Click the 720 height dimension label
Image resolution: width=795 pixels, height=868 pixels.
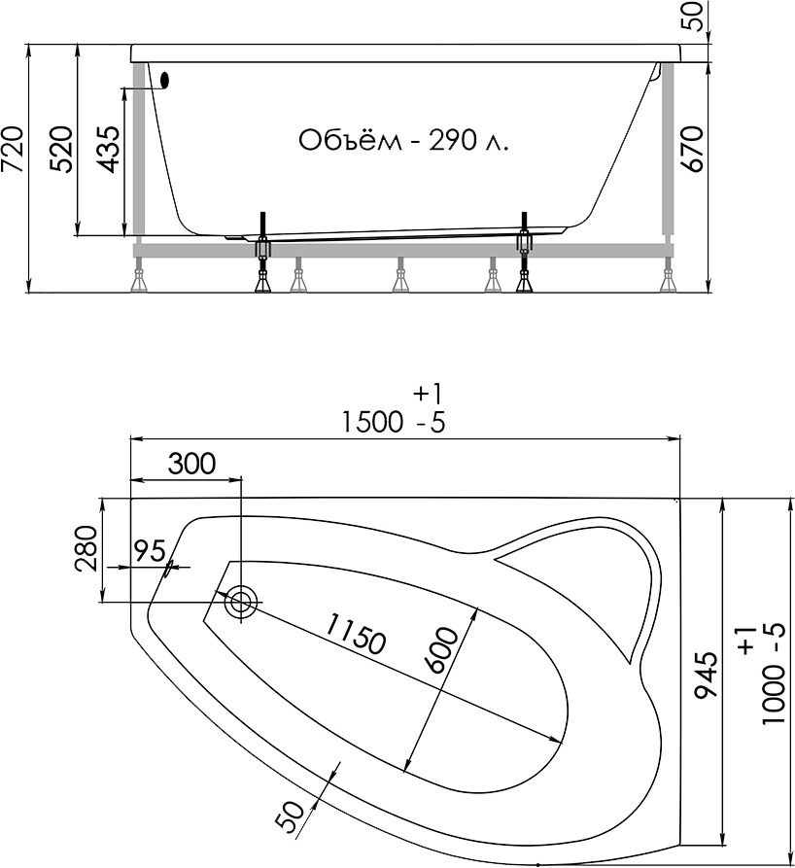[14, 150]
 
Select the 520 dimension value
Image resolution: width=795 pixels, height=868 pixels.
[61, 150]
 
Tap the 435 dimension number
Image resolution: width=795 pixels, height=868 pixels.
[108, 150]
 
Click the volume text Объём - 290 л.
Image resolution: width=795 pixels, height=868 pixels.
[403, 140]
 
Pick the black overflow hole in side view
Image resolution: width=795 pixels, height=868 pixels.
[164, 81]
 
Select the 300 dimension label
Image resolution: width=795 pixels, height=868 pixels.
[191, 464]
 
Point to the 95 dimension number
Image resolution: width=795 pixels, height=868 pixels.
[151, 551]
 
